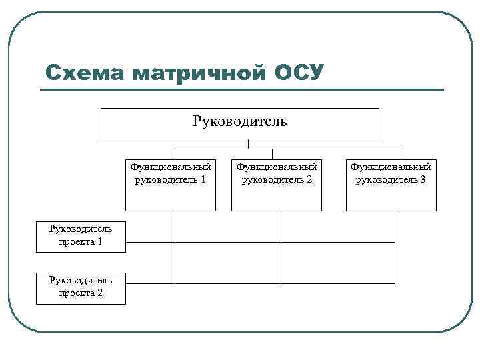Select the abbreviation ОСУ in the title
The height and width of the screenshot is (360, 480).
298,72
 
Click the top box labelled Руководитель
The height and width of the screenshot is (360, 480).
239,123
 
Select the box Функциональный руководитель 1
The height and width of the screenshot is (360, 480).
171,185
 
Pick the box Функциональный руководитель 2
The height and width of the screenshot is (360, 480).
277,185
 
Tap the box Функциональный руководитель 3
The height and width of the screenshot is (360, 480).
391,185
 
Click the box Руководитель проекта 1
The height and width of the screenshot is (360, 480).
81,235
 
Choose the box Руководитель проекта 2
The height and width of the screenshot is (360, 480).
81,286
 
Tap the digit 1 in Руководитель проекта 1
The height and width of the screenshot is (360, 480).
99,241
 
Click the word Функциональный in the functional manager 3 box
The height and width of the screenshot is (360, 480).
391,167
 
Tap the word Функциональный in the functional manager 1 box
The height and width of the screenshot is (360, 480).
171,167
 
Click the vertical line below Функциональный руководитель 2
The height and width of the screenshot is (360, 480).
281,227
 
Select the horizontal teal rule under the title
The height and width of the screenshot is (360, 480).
243,89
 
